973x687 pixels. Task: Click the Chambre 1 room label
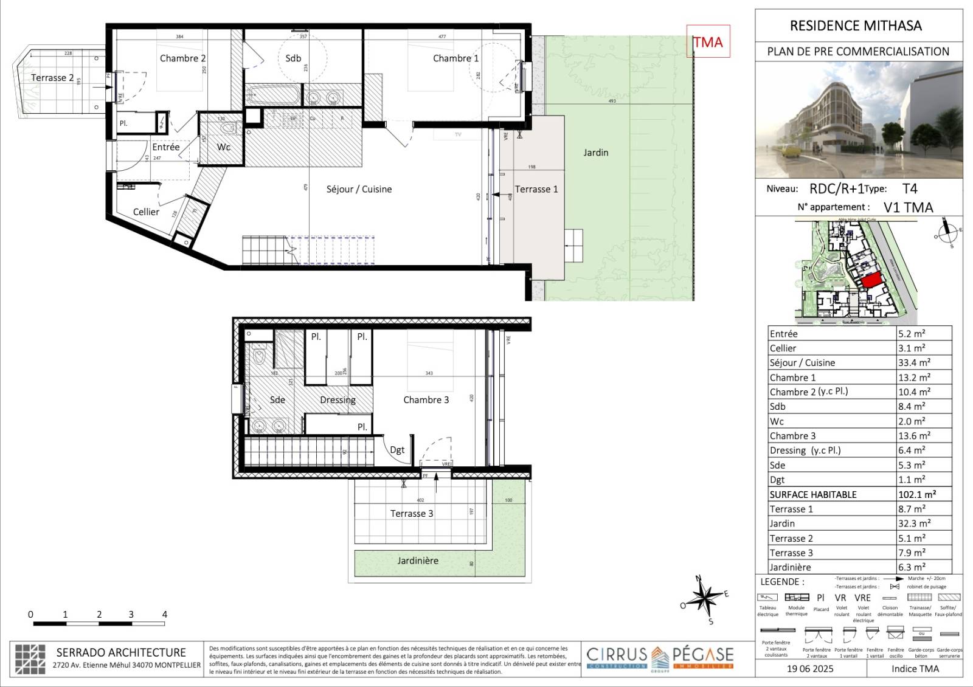tap(455, 58)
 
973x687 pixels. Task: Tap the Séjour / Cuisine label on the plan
tap(359, 189)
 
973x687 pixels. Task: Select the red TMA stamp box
tap(708, 41)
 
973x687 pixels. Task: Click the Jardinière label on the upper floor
tap(418, 561)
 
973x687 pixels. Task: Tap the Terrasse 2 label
tap(52, 78)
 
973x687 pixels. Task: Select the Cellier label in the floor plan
tap(146, 212)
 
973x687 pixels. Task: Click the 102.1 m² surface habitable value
tap(916, 494)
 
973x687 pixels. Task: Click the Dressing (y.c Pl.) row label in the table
tap(805, 451)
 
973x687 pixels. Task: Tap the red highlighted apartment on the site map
tap(871, 281)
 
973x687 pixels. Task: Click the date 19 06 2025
tap(810, 669)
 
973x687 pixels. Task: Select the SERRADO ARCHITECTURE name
tap(121, 652)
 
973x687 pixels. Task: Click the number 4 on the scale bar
tap(164, 615)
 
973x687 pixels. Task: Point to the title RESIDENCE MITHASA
tap(856, 26)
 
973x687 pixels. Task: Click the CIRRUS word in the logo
tap(617, 655)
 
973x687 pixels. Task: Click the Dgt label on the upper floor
tap(397, 450)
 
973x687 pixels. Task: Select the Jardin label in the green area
tap(595, 153)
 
